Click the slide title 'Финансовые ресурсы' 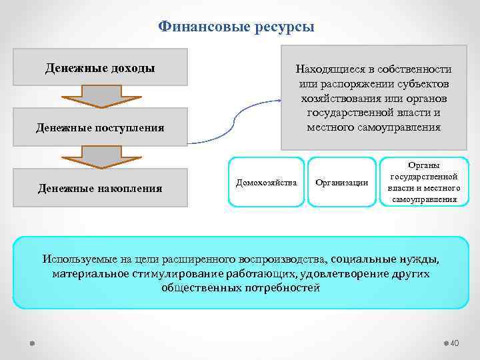[x=236, y=27]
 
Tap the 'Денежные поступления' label [x=100, y=127]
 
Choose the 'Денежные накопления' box [x=100, y=188]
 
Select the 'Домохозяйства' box [x=266, y=182]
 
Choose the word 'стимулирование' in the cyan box [x=169, y=273]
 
